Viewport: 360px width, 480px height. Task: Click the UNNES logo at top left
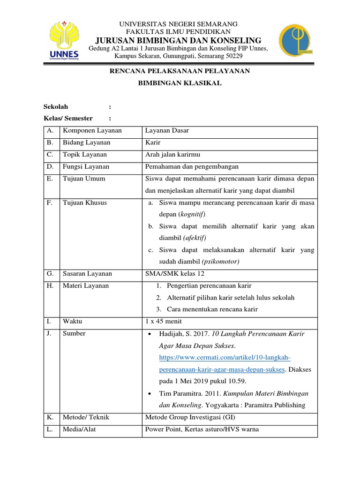click(64, 41)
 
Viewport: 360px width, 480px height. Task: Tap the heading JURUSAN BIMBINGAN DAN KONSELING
click(179, 40)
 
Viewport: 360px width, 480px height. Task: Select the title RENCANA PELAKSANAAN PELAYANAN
click(180, 71)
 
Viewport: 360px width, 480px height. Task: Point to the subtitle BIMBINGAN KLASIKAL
click(180, 83)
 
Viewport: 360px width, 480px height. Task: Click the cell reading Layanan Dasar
click(167, 131)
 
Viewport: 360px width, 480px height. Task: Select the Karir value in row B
click(153, 142)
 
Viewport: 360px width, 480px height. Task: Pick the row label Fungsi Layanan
click(86, 166)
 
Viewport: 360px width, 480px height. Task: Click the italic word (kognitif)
click(191, 214)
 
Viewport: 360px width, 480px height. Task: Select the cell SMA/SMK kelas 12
click(175, 274)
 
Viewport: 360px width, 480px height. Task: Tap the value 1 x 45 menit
click(164, 321)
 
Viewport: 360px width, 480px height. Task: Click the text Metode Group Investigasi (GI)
click(190, 417)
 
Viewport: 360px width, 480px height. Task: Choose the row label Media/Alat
click(79, 429)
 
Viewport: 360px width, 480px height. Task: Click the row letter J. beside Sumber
click(49, 333)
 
